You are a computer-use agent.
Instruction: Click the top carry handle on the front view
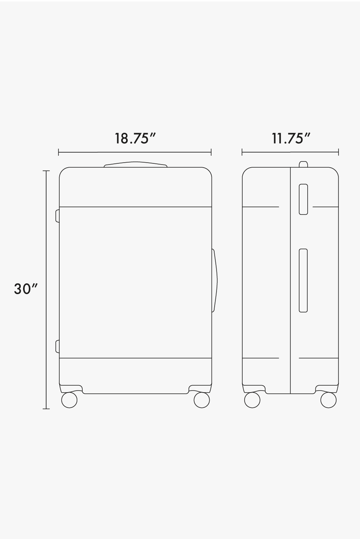click(x=135, y=164)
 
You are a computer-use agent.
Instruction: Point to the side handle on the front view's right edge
click(x=215, y=281)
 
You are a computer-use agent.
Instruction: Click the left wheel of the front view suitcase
click(x=69, y=400)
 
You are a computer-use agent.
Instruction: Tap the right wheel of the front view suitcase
click(x=202, y=400)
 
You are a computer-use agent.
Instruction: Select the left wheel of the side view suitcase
click(x=252, y=400)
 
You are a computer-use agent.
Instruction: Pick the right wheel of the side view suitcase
click(x=328, y=400)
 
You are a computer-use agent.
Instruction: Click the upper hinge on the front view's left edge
click(x=57, y=216)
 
